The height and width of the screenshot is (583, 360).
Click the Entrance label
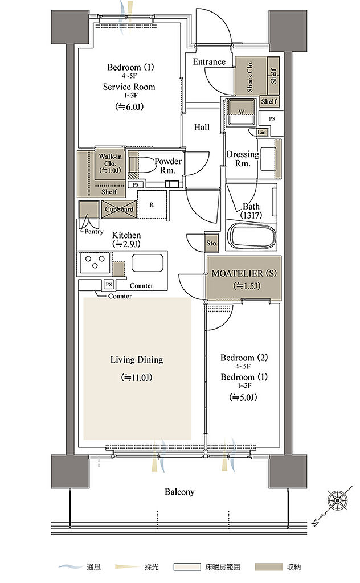point(209,61)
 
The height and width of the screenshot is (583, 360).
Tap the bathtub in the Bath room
point(252,236)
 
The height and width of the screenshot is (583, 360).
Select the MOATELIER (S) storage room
point(244,278)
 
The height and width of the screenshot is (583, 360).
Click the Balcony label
point(179,492)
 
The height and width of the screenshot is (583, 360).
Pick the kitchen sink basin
point(148,264)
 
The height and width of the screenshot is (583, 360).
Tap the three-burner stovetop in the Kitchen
point(95,262)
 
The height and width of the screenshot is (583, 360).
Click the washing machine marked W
point(242,112)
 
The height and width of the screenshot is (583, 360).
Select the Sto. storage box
point(211,243)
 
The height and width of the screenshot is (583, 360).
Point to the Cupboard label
point(119,210)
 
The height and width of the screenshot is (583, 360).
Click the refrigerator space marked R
point(152,204)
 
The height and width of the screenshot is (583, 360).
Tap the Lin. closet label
point(262,132)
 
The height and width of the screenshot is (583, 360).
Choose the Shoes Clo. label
point(250,76)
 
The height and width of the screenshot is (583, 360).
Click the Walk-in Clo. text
point(110,160)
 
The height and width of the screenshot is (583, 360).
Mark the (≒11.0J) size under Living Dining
point(137,378)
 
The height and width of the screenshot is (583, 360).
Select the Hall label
point(202,127)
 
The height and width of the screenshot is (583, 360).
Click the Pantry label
point(94,232)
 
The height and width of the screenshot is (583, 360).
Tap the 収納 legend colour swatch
point(269,567)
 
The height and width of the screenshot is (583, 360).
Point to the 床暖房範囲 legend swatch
point(187,567)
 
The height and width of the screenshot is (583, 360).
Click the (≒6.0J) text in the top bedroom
point(129,106)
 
